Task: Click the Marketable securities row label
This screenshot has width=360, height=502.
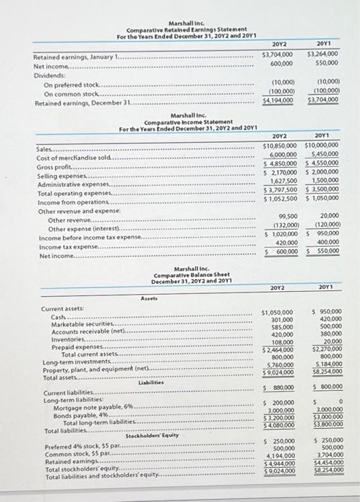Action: (82, 325)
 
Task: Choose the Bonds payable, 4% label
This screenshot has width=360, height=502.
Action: (80, 415)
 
